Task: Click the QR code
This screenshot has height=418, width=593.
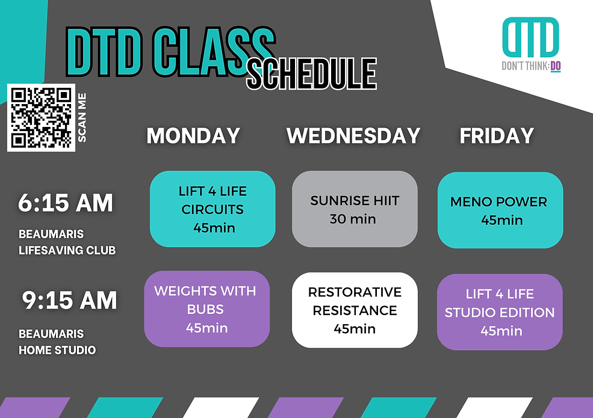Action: [x=41, y=117]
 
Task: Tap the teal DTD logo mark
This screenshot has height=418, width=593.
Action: [x=530, y=37]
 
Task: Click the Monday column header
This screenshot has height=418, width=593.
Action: [x=193, y=136]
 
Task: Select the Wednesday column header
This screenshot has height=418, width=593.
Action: [x=353, y=136]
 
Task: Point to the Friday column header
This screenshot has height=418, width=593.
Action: [x=497, y=136]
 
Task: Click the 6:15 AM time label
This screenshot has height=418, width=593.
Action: [x=66, y=203]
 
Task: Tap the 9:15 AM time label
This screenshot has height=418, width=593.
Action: [x=70, y=301]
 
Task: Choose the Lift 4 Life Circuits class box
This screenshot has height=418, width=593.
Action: [x=213, y=209]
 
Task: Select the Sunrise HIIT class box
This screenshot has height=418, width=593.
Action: [x=355, y=209]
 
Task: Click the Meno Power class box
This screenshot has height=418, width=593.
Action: [x=500, y=210]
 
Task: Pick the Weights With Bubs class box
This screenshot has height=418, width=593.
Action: [x=207, y=309]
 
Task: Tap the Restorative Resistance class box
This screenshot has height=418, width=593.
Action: [x=355, y=310]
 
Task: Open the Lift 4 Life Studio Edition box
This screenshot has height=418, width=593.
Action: [x=500, y=312]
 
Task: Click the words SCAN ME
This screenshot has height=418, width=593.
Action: [x=82, y=117]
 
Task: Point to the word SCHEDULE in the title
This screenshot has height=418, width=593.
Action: [x=312, y=74]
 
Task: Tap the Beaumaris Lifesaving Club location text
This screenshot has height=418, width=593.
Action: [x=67, y=242]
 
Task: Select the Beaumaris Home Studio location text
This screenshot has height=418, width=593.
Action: [x=57, y=342]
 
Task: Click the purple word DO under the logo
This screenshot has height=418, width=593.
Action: [x=556, y=66]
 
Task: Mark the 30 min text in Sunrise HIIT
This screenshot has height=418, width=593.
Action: [x=353, y=219]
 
